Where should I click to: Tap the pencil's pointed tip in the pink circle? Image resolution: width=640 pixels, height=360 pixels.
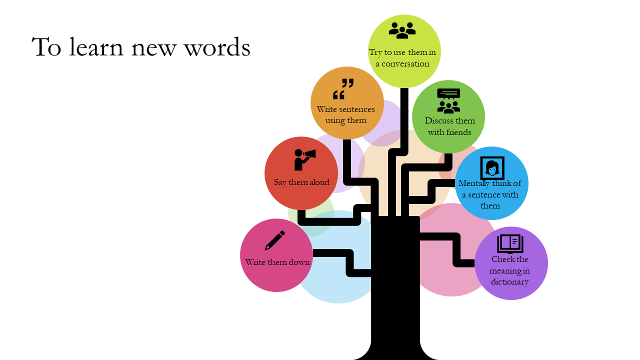tap(265, 249)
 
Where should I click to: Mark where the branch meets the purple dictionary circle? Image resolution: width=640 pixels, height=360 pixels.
tap(475, 263)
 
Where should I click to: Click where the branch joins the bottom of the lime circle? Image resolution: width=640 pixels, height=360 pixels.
tap(404, 88)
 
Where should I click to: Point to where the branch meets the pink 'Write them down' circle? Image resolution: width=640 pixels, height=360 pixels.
tap(313, 253)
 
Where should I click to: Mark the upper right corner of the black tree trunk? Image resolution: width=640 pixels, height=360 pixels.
tap(419, 216)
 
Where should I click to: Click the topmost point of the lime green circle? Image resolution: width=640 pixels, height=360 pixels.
tap(404, 14)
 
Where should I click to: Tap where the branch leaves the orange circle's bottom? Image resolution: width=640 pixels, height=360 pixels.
tap(347, 139)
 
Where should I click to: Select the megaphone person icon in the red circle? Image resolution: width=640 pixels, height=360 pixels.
tap(305, 159)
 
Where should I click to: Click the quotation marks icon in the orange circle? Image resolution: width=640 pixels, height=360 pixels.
tap(343, 89)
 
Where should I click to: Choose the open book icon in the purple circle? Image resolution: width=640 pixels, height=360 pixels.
tap(510, 244)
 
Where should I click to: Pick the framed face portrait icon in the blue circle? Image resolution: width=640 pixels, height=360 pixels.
tap(492, 168)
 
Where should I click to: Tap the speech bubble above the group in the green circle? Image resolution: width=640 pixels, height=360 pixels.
tap(448, 93)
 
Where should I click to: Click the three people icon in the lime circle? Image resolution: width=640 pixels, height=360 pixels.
tap(402, 30)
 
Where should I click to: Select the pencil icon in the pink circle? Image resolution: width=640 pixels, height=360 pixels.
tap(275, 240)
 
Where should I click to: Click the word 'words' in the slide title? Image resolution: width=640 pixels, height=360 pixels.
tap(217, 46)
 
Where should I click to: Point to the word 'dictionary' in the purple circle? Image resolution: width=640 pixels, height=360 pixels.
tap(509, 282)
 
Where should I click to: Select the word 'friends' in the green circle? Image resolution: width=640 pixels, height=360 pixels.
tap(458, 132)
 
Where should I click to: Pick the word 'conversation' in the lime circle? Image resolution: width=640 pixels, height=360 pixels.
tap(405, 63)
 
